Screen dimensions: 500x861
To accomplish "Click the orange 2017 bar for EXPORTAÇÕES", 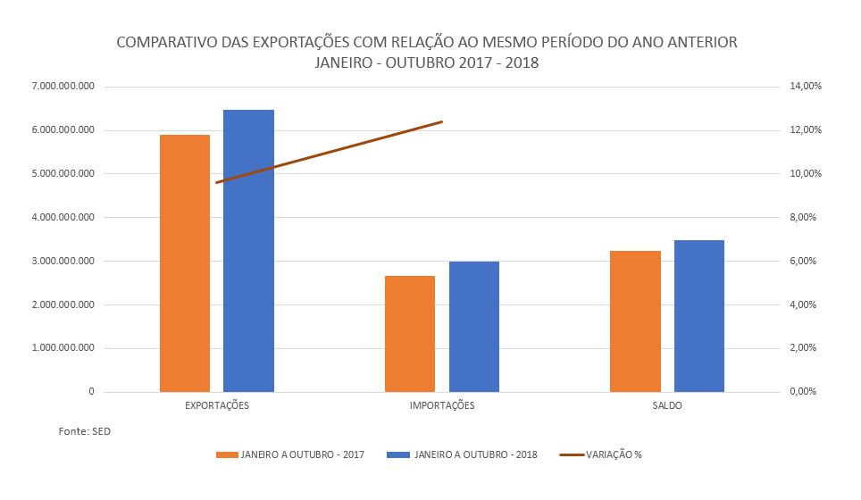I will pyautogui.click(x=185, y=263).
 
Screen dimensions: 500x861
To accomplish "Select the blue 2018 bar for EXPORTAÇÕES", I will pyautogui.click(x=248, y=251).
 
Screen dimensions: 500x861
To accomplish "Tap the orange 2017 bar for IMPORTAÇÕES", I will pyautogui.click(x=410, y=334).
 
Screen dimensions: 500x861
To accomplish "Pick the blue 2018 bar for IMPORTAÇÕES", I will pyautogui.click(x=473, y=327).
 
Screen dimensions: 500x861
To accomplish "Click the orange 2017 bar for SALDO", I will pyautogui.click(x=635, y=321).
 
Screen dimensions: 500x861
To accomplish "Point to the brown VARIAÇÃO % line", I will pyautogui.click(x=329, y=152).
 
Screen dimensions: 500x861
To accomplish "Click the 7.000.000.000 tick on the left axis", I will pyautogui.click(x=63, y=87).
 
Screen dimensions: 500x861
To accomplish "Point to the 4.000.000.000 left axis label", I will pyautogui.click(x=63, y=218).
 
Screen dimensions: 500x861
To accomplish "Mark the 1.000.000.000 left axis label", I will pyautogui.click(x=63, y=348).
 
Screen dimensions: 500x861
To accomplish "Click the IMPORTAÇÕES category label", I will pyautogui.click(x=442, y=406).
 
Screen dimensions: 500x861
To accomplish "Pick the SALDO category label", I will pyautogui.click(x=667, y=406).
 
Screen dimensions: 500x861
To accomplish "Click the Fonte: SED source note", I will pyautogui.click(x=85, y=431).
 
